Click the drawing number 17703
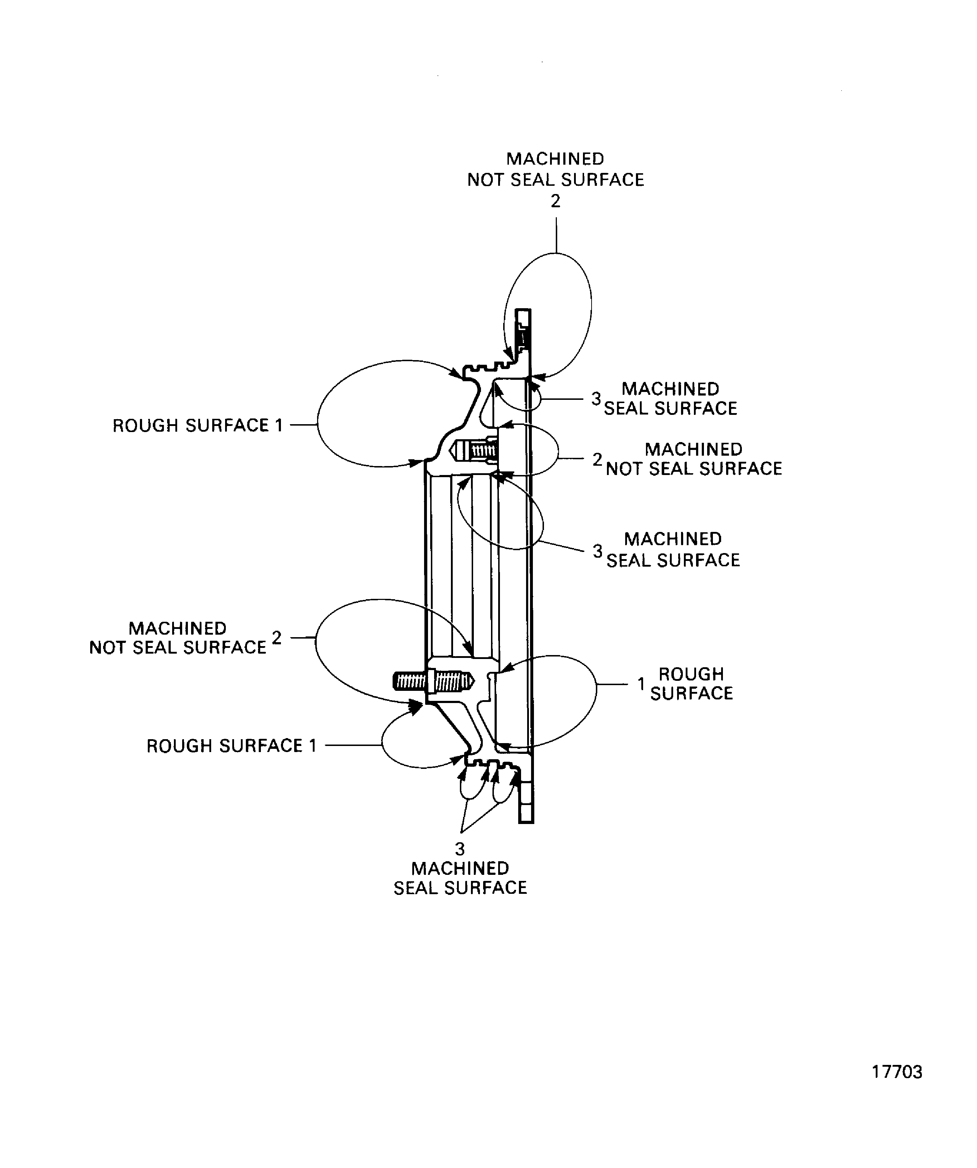point(896,1072)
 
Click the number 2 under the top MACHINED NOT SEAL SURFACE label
point(555,201)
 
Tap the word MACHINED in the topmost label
point(555,159)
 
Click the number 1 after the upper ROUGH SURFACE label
point(279,426)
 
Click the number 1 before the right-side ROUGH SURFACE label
point(641,684)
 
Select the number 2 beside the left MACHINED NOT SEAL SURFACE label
point(276,638)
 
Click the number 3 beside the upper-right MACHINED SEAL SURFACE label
point(596,398)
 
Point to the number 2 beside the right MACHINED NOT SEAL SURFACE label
point(597,459)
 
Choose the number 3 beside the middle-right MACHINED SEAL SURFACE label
point(598,551)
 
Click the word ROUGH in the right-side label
point(691,674)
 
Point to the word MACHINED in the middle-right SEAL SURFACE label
point(673,539)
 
